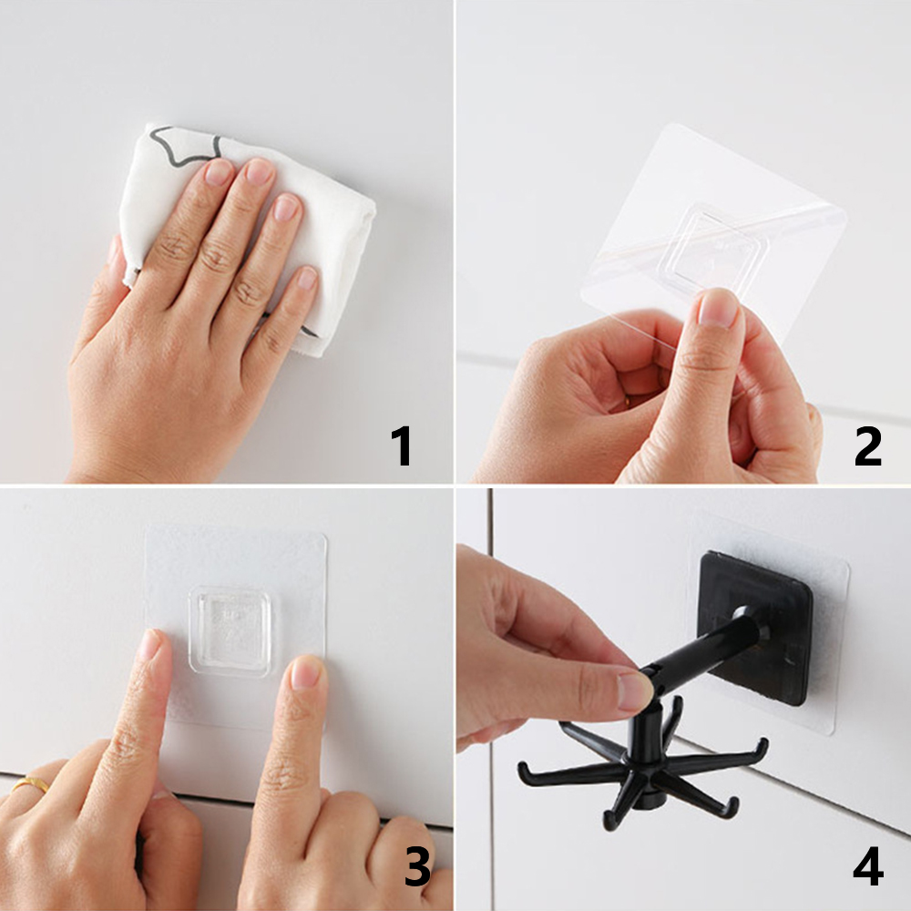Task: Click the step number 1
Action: [402, 445]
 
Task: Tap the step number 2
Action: [867, 445]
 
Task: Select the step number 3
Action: [417, 866]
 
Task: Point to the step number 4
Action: [868, 866]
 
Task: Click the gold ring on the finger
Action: [30, 784]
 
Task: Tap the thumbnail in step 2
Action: [720, 308]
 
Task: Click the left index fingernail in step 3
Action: [149, 645]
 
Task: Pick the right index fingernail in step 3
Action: [306, 672]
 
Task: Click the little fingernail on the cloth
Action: [307, 278]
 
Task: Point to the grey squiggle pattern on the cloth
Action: [185, 145]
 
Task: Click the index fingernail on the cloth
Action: [219, 171]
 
